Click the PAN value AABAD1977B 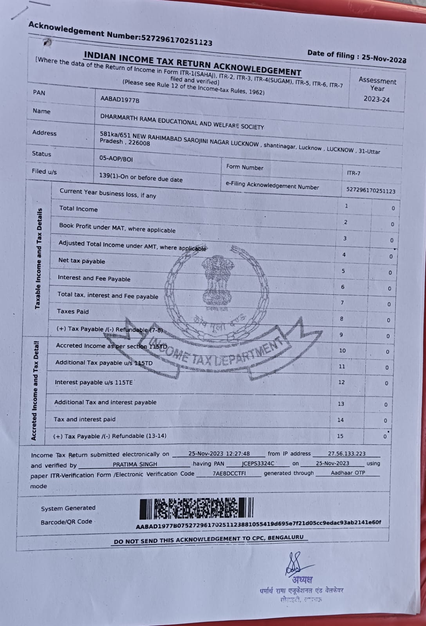[x=120, y=100]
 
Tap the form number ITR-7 [x=354, y=173]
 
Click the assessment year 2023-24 [x=376, y=99]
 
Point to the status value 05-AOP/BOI [x=116, y=159]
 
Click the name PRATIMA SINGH [x=135, y=464]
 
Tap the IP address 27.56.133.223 [x=347, y=454]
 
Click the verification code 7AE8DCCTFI [x=229, y=473]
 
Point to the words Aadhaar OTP [x=348, y=473]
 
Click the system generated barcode [x=197, y=508]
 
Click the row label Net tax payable [x=81, y=261]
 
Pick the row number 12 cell [x=341, y=382]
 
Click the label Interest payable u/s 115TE [x=94, y=382]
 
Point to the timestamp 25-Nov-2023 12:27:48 [x=219, y=454]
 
